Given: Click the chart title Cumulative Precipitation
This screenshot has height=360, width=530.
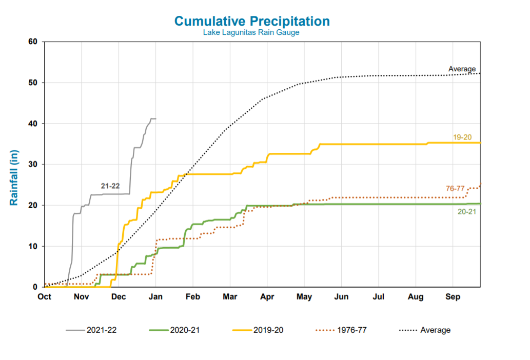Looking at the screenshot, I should pos(251,21).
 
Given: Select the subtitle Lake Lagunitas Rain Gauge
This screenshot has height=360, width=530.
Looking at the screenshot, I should pos(251,32).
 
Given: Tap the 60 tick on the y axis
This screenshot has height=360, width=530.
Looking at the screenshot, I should pos(33,42).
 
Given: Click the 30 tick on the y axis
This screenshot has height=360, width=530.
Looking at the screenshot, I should pos(33,165).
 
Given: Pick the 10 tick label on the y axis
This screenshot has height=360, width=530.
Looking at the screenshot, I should pos(33,246).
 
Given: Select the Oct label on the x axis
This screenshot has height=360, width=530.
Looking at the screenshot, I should pos(45,297).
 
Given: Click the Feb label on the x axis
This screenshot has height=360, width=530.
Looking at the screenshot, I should pos(193,297).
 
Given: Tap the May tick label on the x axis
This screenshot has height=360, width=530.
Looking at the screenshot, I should pos(304,297).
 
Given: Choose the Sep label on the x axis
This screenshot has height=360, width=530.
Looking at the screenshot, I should pos(453,297).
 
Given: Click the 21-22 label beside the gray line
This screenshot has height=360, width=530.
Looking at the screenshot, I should pos(110,186).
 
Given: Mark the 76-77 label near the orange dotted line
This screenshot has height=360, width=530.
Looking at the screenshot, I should pos(456,189).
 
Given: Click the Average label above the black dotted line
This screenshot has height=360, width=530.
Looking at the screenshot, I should pos(462,69).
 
